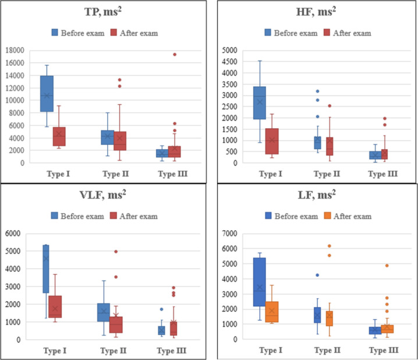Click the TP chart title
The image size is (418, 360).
103,12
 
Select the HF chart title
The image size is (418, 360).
316,12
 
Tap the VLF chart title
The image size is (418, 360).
102,195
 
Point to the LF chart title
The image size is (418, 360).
317,195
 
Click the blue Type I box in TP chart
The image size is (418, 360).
47,94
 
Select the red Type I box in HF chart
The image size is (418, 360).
272,142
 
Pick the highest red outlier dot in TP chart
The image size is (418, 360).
175,54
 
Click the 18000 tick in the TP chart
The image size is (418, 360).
15,50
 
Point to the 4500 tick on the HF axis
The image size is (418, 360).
230,62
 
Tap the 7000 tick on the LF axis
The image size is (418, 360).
230,234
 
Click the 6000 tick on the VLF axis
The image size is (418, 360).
13,234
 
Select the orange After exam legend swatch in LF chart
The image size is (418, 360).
327,216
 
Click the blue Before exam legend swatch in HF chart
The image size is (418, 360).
268,33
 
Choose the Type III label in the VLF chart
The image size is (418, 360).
171,351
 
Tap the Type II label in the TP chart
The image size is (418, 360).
116,174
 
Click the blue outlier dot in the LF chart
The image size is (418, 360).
317,275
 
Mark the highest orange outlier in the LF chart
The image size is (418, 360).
330,246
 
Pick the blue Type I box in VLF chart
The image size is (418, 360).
46,269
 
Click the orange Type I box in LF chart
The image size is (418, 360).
272,312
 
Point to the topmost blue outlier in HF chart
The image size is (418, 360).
317,91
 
